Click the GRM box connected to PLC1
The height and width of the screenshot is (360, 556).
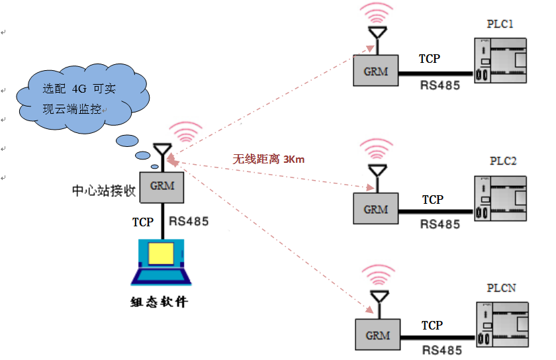[375, 69]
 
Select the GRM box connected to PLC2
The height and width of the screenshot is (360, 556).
[375, 209]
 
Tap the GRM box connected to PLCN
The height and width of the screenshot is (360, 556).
[377, 335]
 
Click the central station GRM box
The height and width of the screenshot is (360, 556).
[162, 186]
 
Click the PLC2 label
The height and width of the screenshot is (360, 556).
[503, 161]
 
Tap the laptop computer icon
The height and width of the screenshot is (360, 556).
[162, 262]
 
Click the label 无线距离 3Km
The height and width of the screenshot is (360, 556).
[268, 159]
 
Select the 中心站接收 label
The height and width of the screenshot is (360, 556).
[104, 191]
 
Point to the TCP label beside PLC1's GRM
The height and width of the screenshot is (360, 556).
[429, 59]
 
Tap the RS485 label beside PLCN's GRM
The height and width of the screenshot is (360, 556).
[441, 350]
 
